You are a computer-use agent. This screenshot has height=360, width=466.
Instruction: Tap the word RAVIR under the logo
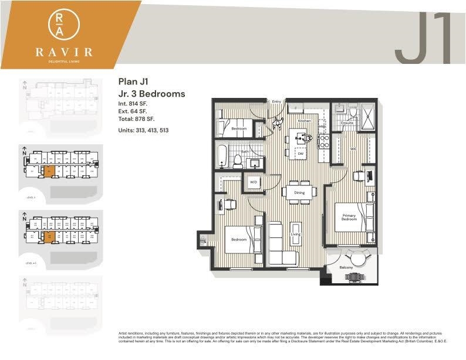click(x=63, y=52)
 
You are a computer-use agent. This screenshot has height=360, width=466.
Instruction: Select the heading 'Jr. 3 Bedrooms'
click(x=151, y=94)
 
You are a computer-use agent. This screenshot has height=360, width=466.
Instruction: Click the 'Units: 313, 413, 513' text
click(x=143, y=130)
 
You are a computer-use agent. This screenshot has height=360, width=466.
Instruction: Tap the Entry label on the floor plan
click(x=276, y=102)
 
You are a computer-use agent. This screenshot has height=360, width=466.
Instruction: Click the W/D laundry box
click(x=254, y=182)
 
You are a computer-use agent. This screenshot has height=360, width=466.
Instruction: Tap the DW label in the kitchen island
click(x=300, y=153)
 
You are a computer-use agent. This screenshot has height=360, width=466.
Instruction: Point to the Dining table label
click(x=299, y=192)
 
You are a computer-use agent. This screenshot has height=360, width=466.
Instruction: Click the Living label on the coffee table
click(x=295, y=235)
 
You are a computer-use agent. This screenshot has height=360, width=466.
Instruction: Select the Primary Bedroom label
click(x=349, y=218)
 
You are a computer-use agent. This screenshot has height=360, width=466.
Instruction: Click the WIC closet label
click(x=353, y=149)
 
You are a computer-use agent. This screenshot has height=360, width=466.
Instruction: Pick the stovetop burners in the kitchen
click(x=322, y=141)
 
